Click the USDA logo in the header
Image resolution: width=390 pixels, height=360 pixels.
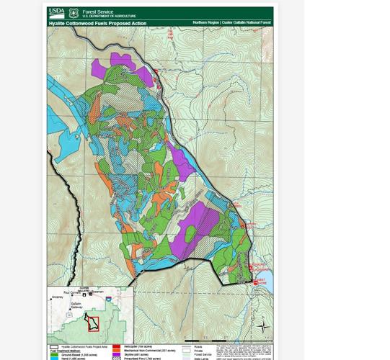56,13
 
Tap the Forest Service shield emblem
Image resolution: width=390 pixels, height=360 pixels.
74,14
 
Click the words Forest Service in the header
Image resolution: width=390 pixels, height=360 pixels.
98,12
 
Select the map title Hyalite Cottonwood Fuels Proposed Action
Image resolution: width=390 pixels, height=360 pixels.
97,23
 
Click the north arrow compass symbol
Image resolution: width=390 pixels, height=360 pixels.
263,326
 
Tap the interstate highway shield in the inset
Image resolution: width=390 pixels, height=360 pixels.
108,299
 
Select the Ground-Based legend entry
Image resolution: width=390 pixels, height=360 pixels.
72,354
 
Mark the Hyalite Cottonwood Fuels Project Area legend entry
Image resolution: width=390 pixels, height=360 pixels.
79,346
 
